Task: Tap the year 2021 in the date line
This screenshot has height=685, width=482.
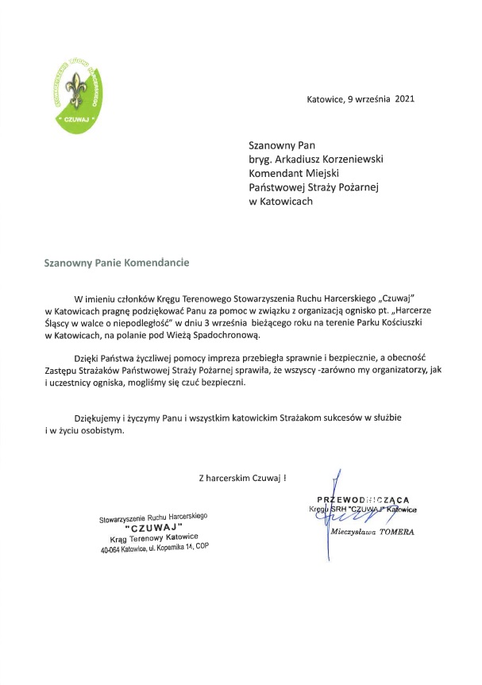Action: point(381,100)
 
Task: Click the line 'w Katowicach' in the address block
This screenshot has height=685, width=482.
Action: point(280,202)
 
